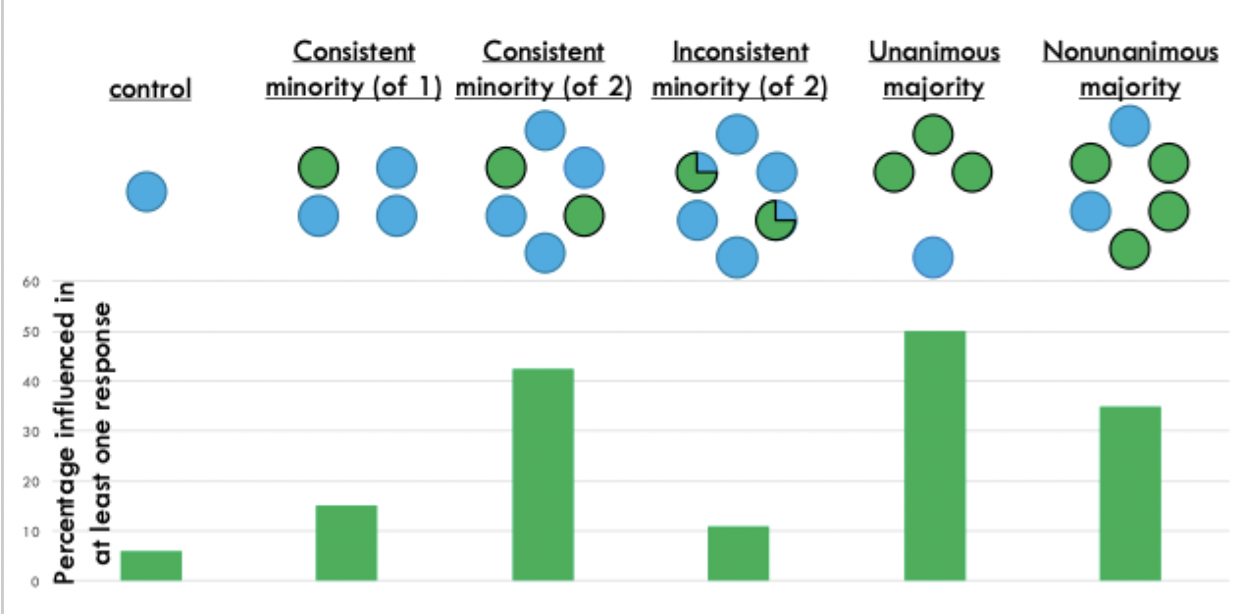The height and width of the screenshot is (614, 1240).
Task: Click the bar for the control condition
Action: pos(151,566)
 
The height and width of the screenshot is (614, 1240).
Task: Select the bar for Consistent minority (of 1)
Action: pos(346,543)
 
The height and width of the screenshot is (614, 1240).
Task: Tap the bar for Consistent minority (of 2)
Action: pos(542,475)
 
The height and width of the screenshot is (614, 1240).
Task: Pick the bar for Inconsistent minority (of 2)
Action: pos(738,553)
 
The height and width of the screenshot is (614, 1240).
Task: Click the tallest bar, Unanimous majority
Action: pos(934,456)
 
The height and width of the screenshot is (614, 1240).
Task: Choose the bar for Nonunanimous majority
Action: pos(1130,493)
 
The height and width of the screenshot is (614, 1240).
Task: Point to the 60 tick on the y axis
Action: pos(29,281)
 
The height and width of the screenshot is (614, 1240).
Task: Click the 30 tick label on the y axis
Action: pos(29,432)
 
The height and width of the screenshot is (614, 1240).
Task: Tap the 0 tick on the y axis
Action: pos(33,582)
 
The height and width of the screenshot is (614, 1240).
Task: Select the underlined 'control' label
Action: pos(150,89)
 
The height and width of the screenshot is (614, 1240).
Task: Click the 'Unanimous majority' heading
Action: pos(934,69)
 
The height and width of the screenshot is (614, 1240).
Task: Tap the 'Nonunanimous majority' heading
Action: pos(1130,69)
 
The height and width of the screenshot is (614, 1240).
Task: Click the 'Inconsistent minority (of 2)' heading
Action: pos(740,69)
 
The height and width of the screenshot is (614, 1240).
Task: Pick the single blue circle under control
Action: pos(146,190)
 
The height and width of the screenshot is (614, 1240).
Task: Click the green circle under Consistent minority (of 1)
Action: pos(319,168)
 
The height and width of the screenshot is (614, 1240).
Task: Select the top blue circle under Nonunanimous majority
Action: pos(1130,125)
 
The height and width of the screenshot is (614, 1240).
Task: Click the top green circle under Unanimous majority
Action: pos(933,134)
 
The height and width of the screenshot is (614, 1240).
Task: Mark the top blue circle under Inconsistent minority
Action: pos(736,134)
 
